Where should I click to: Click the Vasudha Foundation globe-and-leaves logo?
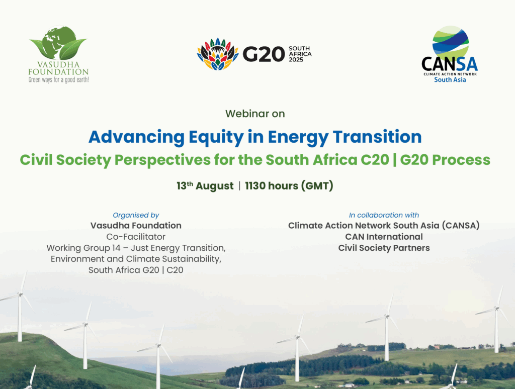58,45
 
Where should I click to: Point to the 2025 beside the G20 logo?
300,60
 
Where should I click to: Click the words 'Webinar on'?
255,114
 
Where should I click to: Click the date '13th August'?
205,186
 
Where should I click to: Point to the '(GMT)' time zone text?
317,186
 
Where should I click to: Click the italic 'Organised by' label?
136,215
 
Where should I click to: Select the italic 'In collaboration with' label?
384,215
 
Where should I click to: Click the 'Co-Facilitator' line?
136,237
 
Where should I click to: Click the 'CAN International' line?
384,237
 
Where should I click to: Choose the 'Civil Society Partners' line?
384,248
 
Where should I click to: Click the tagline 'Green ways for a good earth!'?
58,80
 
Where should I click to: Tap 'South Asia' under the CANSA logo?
450,80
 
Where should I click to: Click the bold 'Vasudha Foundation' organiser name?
136,226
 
